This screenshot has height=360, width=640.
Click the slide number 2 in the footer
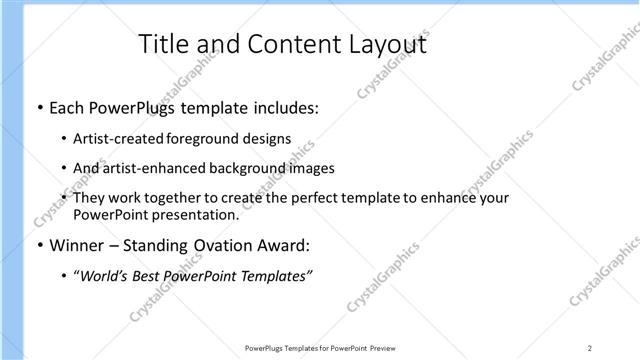[591, 348]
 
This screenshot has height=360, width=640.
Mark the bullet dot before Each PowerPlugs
[38, 107]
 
